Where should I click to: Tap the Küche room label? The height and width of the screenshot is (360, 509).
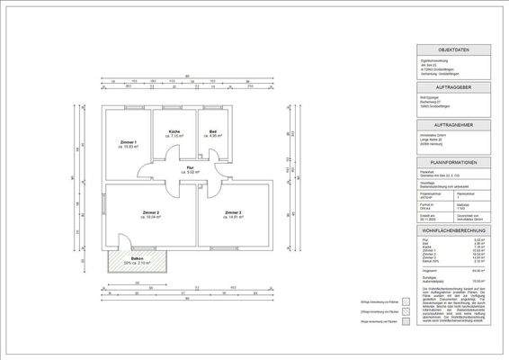click(174, 132)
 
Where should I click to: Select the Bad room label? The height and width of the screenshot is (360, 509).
click(212, 132)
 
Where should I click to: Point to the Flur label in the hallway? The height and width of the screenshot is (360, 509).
click(191, 167)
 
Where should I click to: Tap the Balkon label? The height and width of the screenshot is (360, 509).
click(138, 258)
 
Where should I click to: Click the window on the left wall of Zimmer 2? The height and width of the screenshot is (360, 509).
click(103, 216)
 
